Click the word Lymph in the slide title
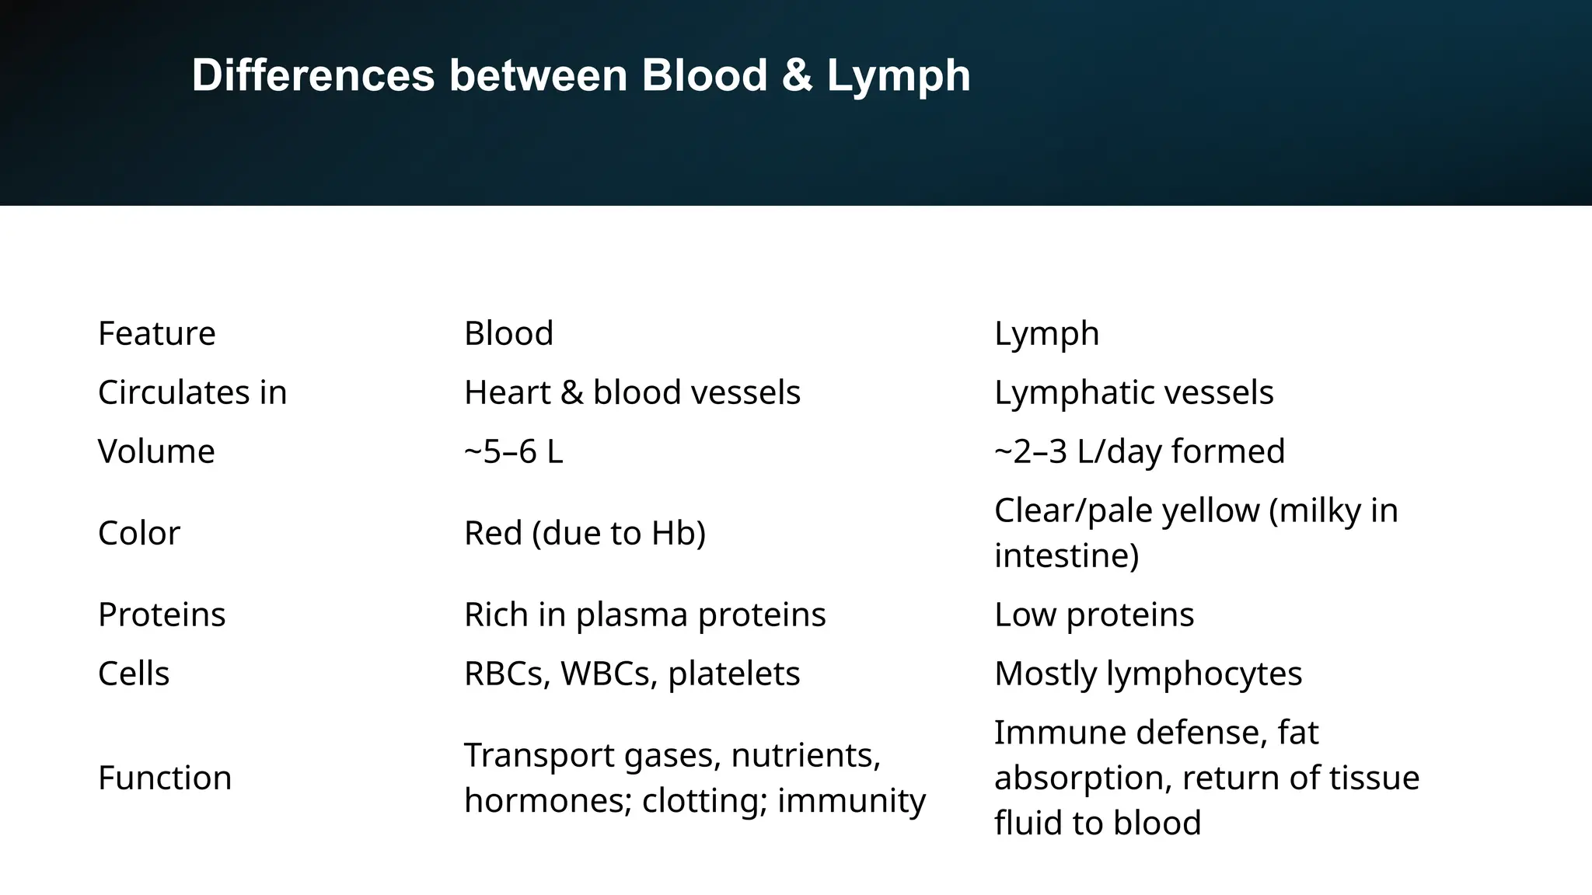point(898,76)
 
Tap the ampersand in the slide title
point(798,76)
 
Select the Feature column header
point(156,333)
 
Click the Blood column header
point(508,333)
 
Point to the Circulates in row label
point(192,392)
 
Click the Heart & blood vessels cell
point(632,392)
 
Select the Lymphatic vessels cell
point(1133,392)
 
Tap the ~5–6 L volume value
point(513,451)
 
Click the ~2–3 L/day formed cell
point(1139,451)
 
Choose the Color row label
point(138,533)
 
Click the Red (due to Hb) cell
point(585,533)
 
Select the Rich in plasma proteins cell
point(644,615)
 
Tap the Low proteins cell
point(1094,615)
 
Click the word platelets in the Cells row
point(733,674)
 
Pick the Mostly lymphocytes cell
point(1147,674)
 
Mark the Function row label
point(165,778)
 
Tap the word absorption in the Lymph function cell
point(1081,778)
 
